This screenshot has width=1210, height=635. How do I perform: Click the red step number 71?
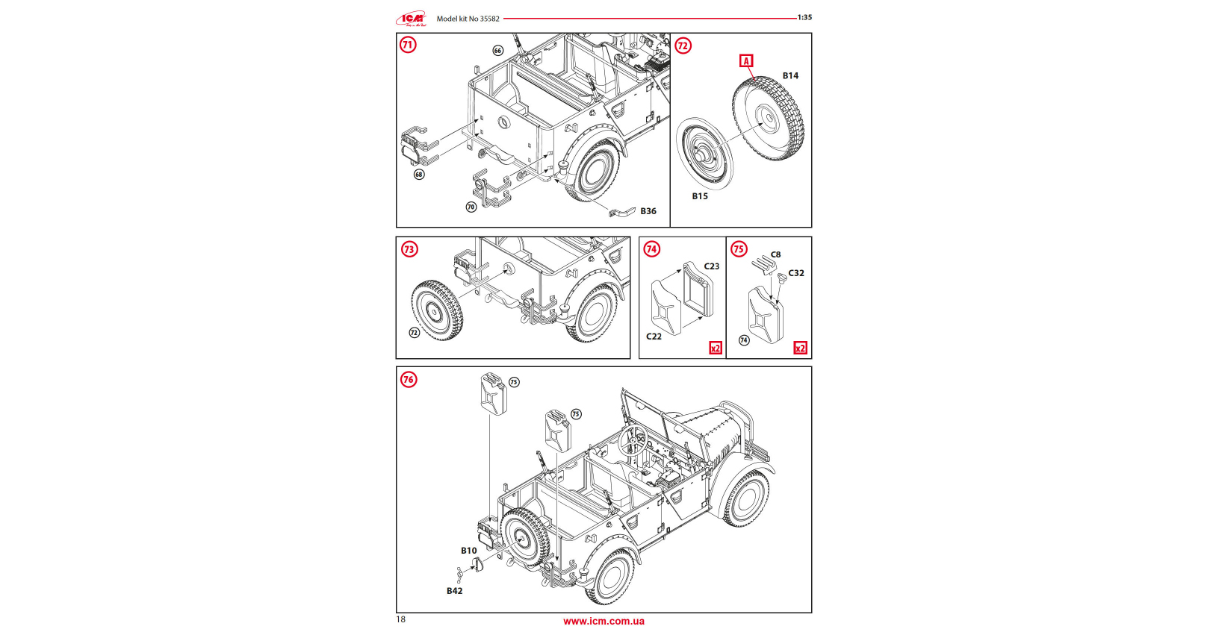click(408, 45)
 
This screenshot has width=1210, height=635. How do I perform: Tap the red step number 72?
click(683, 46)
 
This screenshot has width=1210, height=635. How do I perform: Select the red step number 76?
click(408, 380)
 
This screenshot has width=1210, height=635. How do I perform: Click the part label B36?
click(648, 211)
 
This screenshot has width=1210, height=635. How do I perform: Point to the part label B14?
click(790, 75)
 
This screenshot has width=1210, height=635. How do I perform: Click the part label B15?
click(700, 196)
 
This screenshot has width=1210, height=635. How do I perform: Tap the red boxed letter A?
click(746, 60)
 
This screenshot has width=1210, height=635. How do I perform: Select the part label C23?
click(711, 266)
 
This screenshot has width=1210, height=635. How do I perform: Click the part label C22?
click(654, 337)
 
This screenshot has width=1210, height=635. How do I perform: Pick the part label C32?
click(796, 273)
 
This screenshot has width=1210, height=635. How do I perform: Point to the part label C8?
click(775, 254)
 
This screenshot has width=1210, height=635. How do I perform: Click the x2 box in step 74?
click(716, 348)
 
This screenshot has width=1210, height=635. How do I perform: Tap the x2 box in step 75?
click(800, 348)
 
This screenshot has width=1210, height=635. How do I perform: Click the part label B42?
click(454, 591)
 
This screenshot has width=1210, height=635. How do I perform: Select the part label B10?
click(468, 551)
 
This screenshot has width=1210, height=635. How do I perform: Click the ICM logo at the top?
click(412, 19)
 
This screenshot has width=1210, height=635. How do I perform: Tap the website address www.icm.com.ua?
click(604, 621)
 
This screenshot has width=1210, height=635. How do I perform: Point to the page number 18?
click(401, 619)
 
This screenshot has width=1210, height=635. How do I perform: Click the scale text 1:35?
click(804, 17)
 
